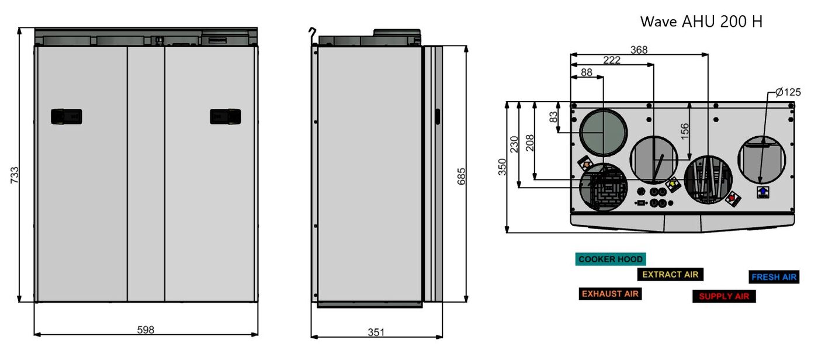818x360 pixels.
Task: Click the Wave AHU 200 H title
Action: point(701,22)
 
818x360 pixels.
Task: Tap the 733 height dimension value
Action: point(14,175)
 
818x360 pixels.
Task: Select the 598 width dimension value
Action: point(145,330)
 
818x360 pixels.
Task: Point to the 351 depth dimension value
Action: point(376,333)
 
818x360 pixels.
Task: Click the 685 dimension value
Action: point(462,176)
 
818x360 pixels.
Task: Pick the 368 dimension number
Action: point(639,50)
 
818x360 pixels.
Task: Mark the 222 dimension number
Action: point(612,60)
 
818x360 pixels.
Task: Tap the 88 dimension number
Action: point(587,72)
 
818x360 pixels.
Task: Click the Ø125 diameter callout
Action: point(788,92)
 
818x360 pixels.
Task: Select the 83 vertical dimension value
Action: point(554,117)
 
